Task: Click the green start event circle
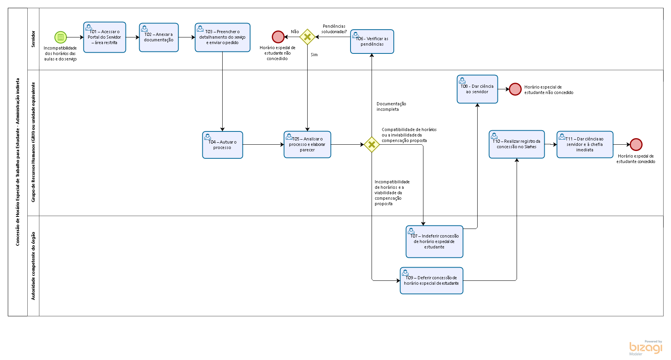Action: click(60, 37)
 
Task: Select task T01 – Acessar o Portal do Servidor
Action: click(104, 37)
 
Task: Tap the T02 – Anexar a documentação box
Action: click(159, 37)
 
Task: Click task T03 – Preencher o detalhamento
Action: click(222, 37)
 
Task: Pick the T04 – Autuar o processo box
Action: click(222, 145)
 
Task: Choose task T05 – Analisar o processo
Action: click(307, 144)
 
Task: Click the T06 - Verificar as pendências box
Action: click(372, 41)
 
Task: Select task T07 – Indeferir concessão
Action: click(434, 241)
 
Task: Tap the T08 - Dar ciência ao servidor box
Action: click(477, 89)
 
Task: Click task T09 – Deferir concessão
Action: click(431, 280)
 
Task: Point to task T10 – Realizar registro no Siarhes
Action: click(517, 144)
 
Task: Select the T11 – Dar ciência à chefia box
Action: click(585, 144)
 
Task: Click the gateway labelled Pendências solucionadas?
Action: click(307, 37)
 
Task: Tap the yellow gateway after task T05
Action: click(372, 145)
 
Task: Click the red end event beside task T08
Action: click(515, 89)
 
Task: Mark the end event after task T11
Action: click(636, 144)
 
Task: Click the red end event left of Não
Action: click(278, 37)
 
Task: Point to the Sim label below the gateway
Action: click(314, 55)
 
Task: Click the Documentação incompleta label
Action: click(391, 106)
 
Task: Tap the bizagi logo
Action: click(646, 347)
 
